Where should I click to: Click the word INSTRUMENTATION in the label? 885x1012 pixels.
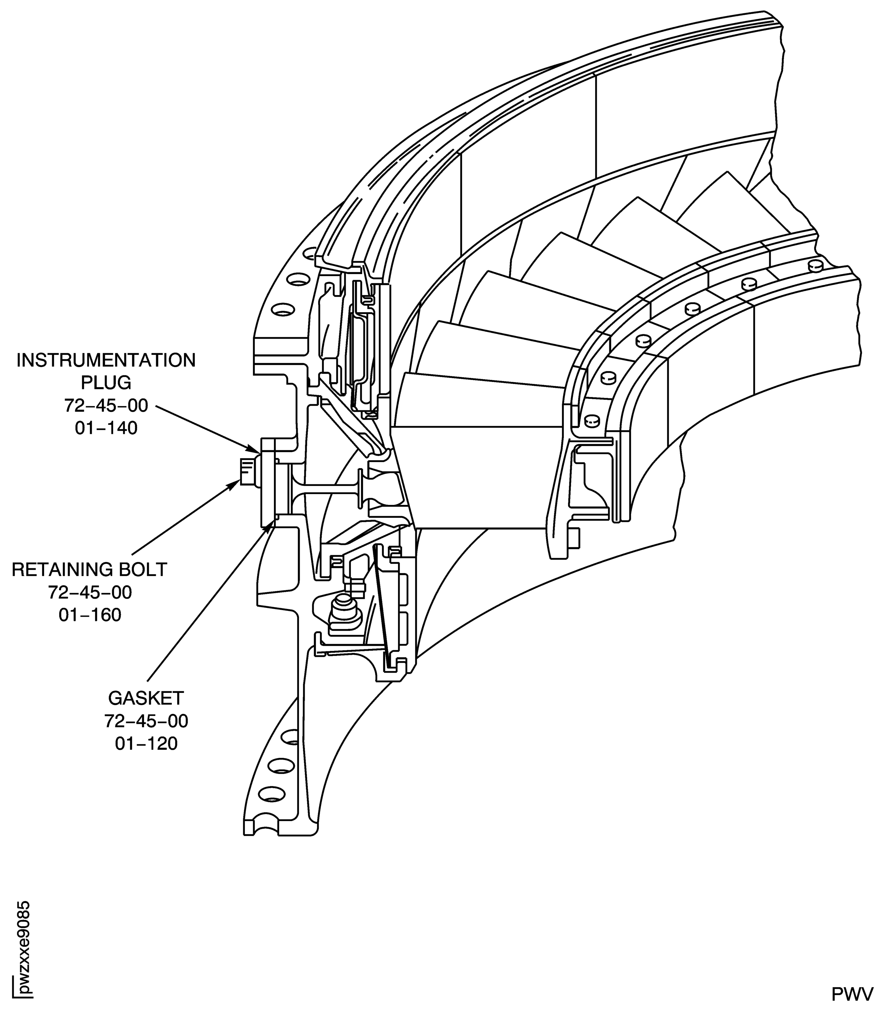click(106, 361)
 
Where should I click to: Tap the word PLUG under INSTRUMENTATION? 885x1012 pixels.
click(106, 383)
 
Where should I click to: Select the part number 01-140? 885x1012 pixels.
click(106, 428)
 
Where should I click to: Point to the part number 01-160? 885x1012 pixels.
click(90, 615)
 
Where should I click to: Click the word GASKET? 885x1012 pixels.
click(146, 698)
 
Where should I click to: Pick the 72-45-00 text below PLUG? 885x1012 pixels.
click(106, 405)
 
